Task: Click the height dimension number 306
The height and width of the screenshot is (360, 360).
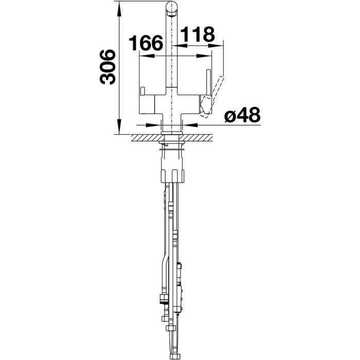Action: [x=107, y=67]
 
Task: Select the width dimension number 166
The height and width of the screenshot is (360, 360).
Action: [x=146, y=43]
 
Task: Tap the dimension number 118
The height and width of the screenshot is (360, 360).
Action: [x=197, y=34]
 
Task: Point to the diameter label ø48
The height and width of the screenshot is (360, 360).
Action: [x=242, y=115]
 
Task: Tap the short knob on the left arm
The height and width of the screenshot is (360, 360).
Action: [x=142, y=91]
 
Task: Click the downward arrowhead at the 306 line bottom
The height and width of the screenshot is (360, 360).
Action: [x=119, y=127]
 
